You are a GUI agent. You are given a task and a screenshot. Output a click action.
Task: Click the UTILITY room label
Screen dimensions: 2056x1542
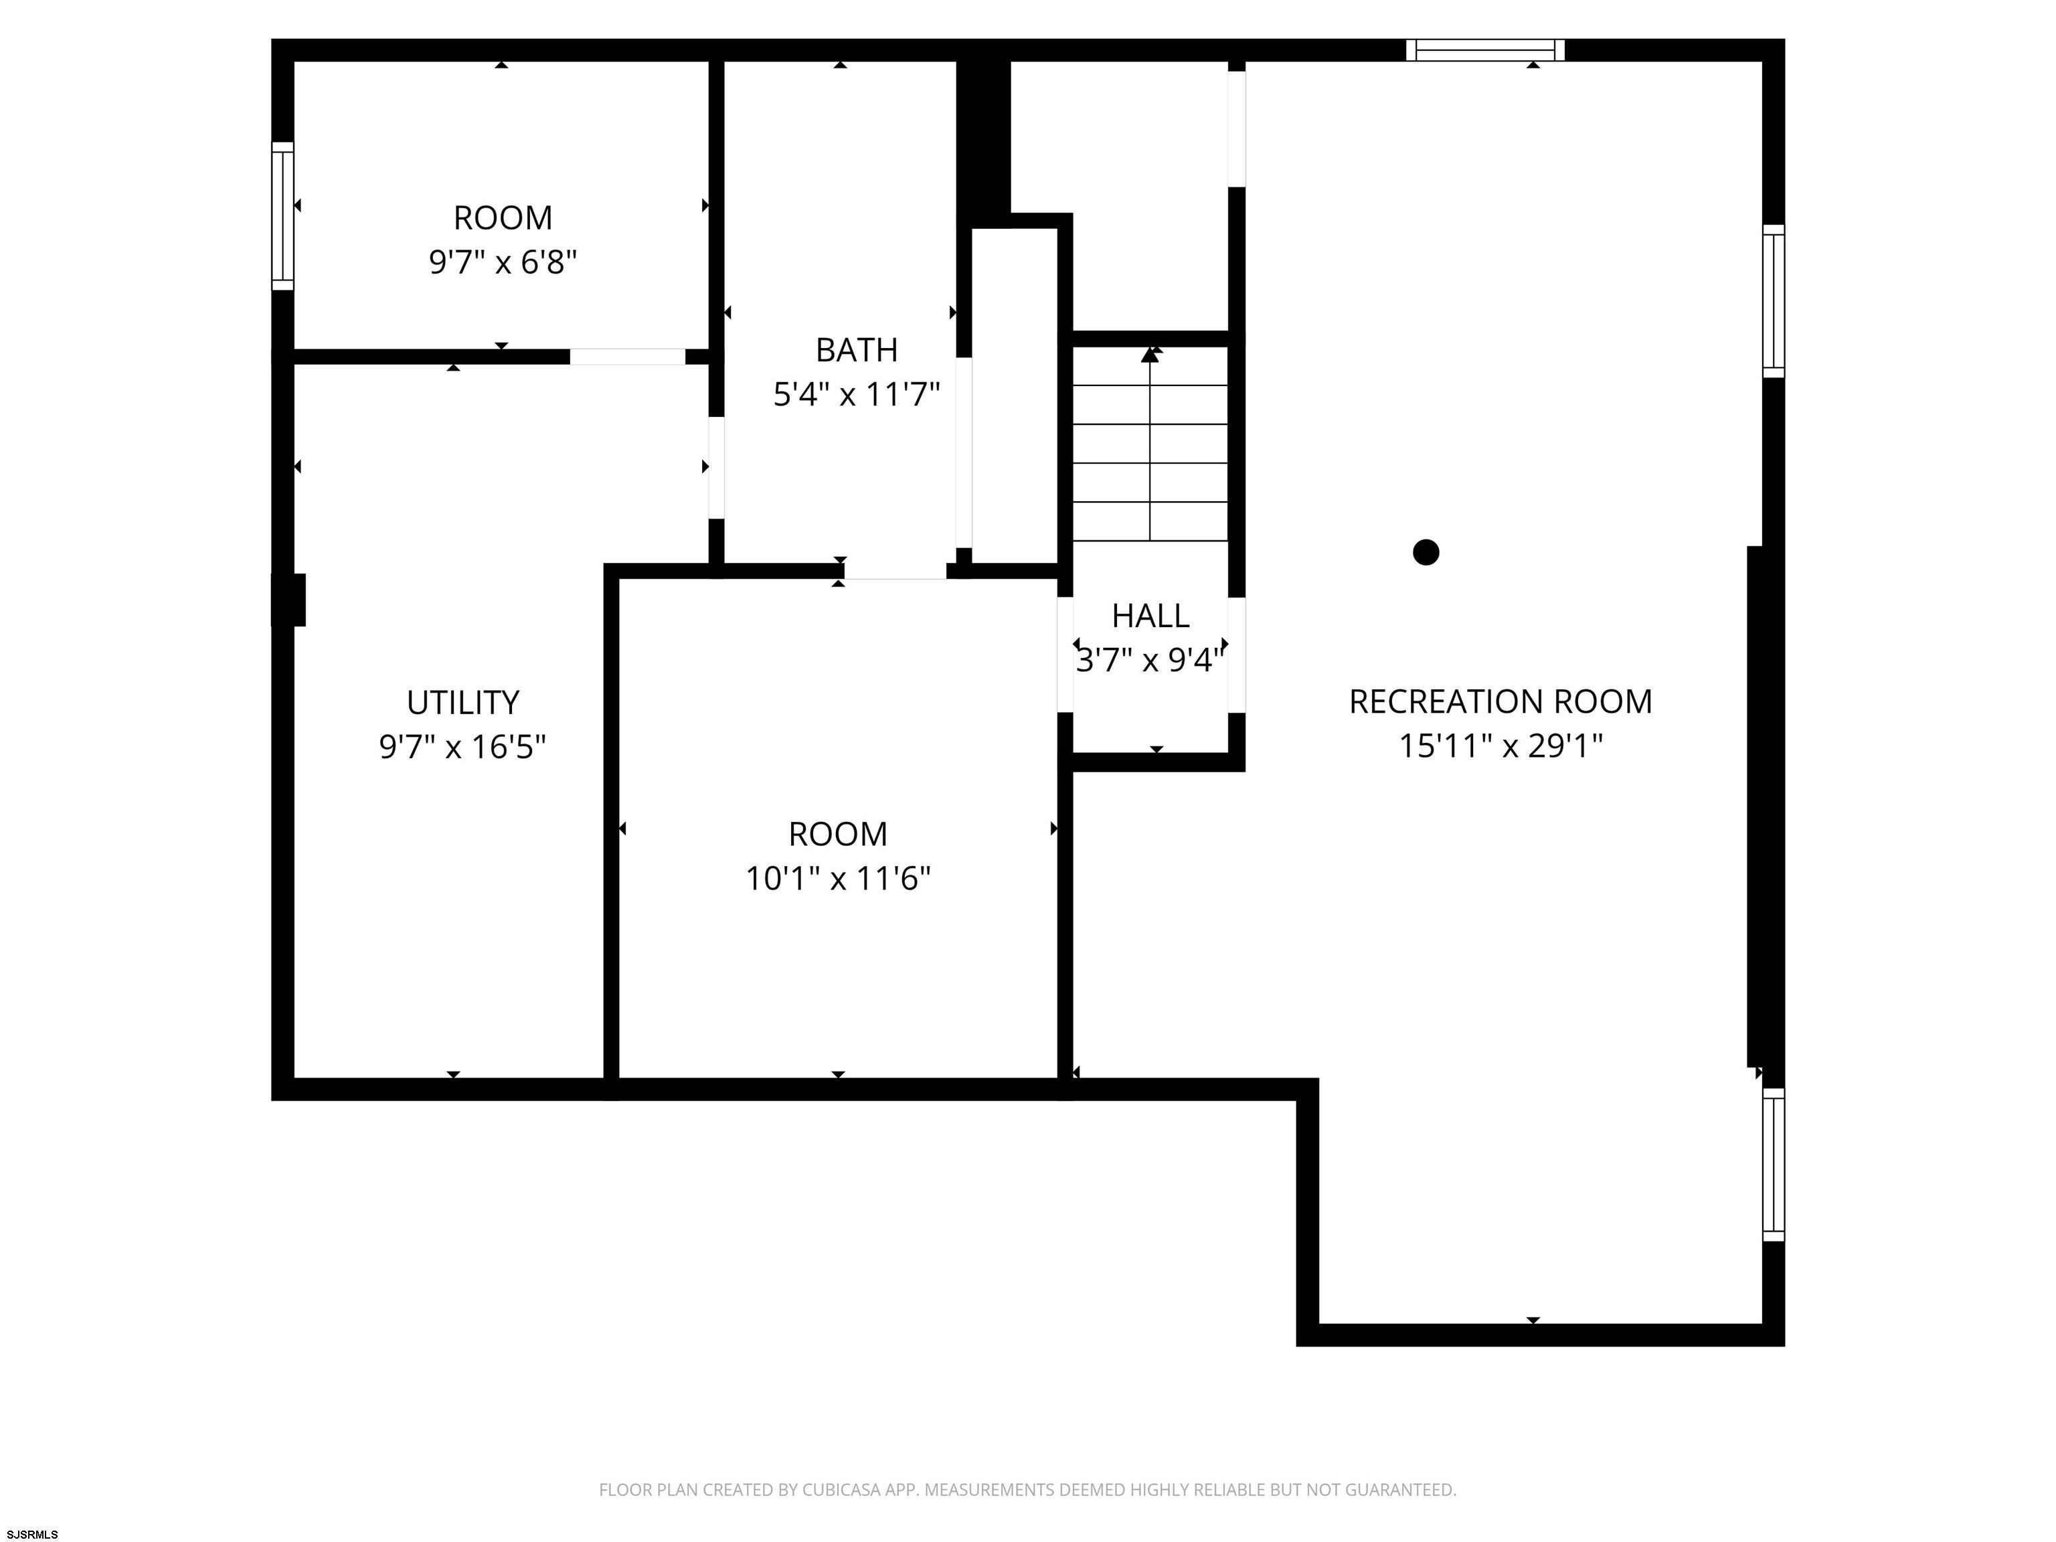[463, 703]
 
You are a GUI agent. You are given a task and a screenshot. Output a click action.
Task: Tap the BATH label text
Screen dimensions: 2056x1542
[857, 351]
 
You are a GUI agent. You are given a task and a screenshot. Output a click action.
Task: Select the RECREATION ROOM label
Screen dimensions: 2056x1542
[1501, 702]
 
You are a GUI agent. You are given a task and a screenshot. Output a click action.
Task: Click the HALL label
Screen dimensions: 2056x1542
[1150, 616]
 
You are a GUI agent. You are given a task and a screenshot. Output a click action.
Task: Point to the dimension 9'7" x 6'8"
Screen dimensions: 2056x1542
[503, 262]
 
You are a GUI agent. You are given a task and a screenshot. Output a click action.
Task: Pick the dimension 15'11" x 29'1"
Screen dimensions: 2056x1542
[1501, 746]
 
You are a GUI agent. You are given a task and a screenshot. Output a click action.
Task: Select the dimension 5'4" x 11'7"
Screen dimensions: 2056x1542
[857, 395]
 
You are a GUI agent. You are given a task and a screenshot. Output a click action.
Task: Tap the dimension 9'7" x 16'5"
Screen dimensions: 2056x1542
[463, 746]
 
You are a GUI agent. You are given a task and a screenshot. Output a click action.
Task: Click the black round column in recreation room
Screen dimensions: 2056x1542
[1426, 552]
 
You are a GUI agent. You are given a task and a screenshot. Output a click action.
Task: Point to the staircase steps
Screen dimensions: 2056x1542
[1150, 443]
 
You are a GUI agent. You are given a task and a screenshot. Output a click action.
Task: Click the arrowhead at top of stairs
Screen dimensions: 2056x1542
[1150, 354]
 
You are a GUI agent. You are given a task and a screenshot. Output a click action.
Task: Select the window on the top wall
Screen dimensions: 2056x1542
[1485, 50]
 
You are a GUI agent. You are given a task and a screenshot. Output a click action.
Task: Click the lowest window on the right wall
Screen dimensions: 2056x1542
[1774, 1165]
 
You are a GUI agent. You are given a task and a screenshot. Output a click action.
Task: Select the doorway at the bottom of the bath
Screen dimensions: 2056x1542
[895, 571]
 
